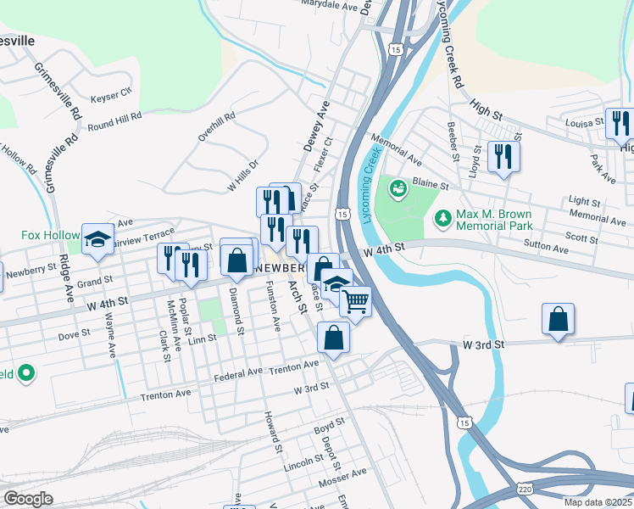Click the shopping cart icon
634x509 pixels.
pos(356,300)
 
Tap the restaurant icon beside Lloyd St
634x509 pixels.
pos(504,156)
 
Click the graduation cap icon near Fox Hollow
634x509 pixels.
pos(98,238)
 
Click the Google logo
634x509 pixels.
pos(29,498)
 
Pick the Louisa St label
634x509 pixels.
pos(585,122)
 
